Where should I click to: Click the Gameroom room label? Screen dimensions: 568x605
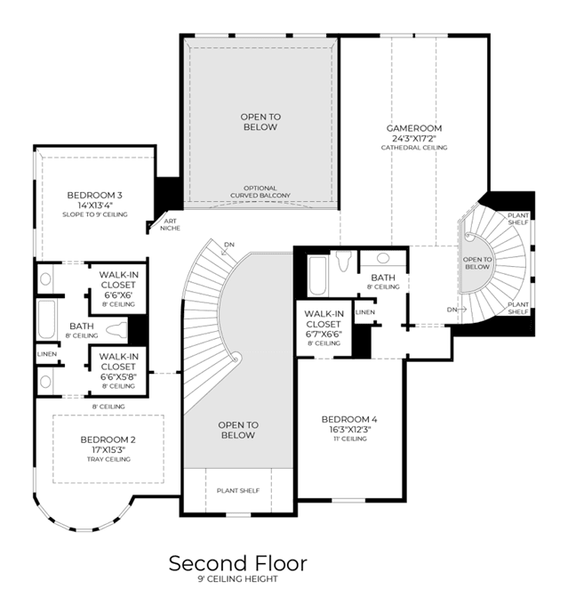[x=414, y=128]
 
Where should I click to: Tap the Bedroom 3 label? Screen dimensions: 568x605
[x=94, y=195]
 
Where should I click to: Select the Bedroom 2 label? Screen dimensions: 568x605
[x=108, y=440]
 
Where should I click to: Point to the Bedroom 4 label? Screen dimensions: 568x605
[x=349, y=419]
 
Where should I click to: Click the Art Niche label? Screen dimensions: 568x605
[x=170, y=224]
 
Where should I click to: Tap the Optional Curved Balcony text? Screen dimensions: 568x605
[x=260, y=192]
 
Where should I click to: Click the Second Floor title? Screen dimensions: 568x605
[x=238, y=563]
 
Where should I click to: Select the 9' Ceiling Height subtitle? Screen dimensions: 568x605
[x=238, y=579]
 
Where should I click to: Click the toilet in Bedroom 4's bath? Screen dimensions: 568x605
[x=344, y=261]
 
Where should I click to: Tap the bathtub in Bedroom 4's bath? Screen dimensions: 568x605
[x=318, y=275]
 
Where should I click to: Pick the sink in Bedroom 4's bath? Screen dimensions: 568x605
[x=383, y=258]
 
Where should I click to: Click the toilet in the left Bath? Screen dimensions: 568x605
[x=116, y=330]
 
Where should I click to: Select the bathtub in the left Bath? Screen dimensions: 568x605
[x=46, y=319]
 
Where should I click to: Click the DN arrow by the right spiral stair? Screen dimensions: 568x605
[x=462, y=310]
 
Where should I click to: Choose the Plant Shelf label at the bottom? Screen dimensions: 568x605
[x=238, y=491]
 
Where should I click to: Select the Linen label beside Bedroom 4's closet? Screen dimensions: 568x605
[x=365, y=311]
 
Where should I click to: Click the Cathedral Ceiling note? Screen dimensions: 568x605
[x=414, y=148]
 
